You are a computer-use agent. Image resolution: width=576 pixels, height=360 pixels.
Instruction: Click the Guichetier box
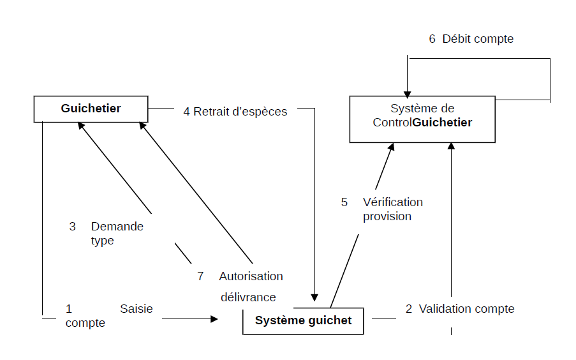(x=91, y=109)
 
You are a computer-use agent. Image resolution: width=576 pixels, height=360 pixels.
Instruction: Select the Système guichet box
(x=303, y=320)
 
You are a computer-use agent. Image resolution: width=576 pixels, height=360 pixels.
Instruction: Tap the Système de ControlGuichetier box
(x=422, y=119)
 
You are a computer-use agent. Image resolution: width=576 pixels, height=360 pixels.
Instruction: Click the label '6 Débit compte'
(x=471, y=39)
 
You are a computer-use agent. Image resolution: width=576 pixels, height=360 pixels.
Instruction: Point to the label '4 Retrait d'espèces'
(x=235, y=112)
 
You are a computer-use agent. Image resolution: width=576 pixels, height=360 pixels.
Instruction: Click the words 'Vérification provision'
(x=392, y=209)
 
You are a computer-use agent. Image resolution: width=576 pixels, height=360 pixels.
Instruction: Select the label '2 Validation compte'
(x=459, y=309)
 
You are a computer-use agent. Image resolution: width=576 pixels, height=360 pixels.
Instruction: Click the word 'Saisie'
(x=137, y=309)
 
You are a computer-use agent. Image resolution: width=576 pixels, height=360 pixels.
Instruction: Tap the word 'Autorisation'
(x=251, y=276)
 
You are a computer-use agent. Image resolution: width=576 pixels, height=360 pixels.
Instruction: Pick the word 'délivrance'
(x=248, y=297)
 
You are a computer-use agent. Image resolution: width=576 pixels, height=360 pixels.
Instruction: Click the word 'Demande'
(x=117, y=227)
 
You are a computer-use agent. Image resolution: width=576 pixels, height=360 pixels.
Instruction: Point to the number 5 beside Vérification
(x=344, y=202)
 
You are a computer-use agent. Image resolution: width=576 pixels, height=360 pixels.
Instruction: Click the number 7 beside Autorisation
(x=200, y=276)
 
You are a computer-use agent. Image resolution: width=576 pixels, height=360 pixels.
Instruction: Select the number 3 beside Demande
(x=73, y=227)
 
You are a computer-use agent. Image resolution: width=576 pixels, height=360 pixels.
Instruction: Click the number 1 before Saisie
(x=69, y=309)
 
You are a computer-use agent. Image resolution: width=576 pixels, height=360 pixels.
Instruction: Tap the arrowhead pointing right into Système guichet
(x=214, y=318)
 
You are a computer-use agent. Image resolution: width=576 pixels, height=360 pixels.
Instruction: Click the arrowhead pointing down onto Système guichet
(x=314, y=297)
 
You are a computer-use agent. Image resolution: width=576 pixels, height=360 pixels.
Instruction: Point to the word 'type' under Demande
(x=102, y=241)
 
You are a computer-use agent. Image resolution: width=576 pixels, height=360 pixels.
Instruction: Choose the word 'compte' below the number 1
(x=85, y=324)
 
